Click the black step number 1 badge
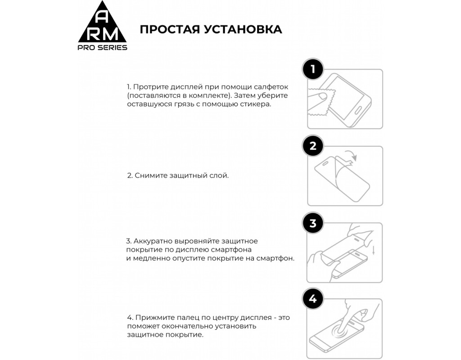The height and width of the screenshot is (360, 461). [313, 69]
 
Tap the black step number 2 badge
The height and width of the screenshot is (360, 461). [313, 146]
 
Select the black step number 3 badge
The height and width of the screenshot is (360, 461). [313, 223]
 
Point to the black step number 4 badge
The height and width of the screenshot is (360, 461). [313, 299]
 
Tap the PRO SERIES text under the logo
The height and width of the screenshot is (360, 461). [102, 48]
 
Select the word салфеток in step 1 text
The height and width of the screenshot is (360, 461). [272, 87]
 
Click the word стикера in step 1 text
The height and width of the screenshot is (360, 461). [256, 104]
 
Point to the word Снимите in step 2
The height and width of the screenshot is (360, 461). [148, 175]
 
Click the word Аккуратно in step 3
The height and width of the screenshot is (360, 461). [151, 241]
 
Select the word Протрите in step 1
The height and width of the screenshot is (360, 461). [148, 87]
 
